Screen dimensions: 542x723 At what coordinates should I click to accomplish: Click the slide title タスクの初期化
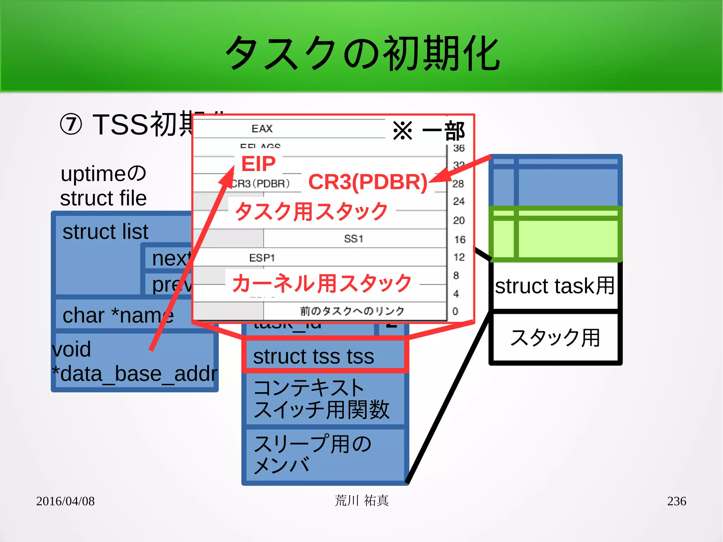(x=362, y=53)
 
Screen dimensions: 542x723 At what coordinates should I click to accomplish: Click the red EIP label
(x=258, y=164)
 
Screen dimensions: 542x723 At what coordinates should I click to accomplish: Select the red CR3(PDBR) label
(x=368, y=182)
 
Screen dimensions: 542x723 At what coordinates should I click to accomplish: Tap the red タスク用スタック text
(x=311, y=211)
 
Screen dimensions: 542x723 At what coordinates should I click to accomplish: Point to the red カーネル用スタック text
(x=322, y=283)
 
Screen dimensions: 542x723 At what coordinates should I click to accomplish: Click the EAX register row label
(x=262, y=129)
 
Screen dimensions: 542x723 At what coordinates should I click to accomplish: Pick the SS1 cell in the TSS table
(x=354, y=239)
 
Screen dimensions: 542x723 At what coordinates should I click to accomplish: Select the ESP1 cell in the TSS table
(x=262, y=258)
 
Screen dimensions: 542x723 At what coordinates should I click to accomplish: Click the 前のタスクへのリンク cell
(x=352, y=311)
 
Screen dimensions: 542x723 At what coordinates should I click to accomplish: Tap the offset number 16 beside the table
(x=460, y=239)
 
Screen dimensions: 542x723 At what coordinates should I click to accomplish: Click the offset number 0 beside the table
(x=455, y=311)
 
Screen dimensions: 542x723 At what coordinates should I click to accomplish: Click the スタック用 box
(x=555, y=338)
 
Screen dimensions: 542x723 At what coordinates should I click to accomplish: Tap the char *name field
(x=118, y=315)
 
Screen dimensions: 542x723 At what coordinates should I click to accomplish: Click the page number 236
(x=676, y=501)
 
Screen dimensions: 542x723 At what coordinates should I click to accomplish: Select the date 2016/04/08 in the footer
(x=65, y=501)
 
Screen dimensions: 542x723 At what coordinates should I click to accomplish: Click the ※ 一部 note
(x=429, y=131)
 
